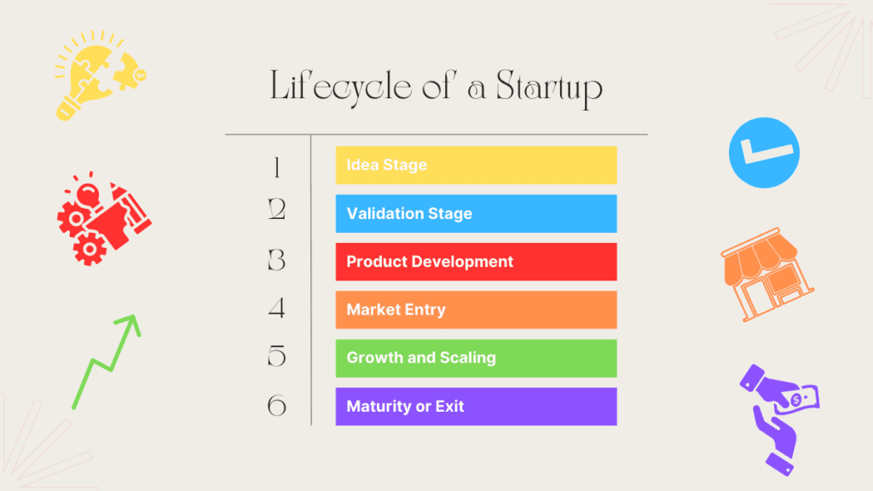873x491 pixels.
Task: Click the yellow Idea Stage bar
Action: click(x=476, y=165)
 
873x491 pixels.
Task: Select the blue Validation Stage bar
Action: click(x=476, y=213)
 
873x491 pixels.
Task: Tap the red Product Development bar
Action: click(x=476, y=262)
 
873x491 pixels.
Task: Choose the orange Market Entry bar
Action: click(x=476, y=309)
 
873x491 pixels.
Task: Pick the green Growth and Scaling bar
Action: click(x=476, y=358)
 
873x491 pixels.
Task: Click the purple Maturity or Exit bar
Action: click(x=476, y=407)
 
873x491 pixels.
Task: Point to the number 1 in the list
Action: click(x=277, y=167)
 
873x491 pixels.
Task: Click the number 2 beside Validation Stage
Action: click(x=277, y=210)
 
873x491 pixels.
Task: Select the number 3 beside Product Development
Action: click(x=277, y=260)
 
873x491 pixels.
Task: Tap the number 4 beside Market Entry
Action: click(x=277, y=308)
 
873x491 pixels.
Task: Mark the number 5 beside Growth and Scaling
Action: click(x=277, y=355)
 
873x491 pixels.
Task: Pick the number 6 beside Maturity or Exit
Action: click(x=277, y=405)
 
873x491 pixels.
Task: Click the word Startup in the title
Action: click(x=549, y=89)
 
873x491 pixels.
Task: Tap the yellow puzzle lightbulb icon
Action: click(x=101, y=76)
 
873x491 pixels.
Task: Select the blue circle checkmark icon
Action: click(x=764, y=153)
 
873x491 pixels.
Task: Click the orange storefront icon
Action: click(x=766, y=274)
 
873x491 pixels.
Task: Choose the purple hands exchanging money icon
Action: click(x=779, y=419)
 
